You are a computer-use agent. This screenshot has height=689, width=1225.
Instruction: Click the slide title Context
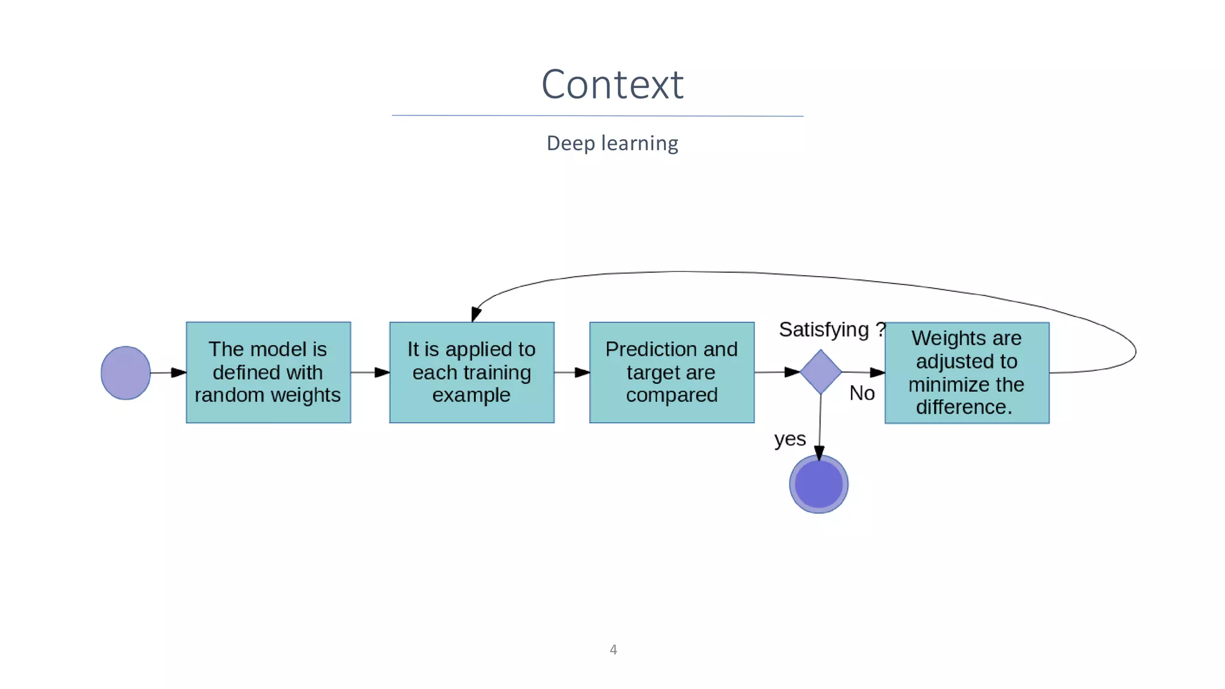612,84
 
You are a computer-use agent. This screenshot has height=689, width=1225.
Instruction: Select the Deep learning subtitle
612,144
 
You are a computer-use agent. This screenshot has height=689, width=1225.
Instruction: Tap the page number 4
613,650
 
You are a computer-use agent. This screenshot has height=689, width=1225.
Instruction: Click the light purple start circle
126,373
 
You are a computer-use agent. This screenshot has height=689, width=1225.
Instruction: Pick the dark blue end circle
818,484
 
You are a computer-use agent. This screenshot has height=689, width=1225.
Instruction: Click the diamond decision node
821,372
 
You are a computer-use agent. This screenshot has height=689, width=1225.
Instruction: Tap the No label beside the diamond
862,393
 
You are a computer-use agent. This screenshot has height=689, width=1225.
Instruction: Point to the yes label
790,439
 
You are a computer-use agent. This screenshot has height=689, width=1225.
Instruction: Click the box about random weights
268,372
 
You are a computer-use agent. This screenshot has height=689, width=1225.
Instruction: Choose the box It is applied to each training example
471,372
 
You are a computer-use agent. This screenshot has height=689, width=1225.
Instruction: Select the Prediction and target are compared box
671,372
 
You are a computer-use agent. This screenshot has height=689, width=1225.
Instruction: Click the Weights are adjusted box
967,373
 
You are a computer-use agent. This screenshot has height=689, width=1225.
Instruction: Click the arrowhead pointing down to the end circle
819,453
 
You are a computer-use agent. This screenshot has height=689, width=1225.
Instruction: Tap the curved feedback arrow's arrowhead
476,314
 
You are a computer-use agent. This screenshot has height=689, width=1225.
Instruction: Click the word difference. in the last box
964,407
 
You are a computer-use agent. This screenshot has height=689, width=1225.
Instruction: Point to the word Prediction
640,349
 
